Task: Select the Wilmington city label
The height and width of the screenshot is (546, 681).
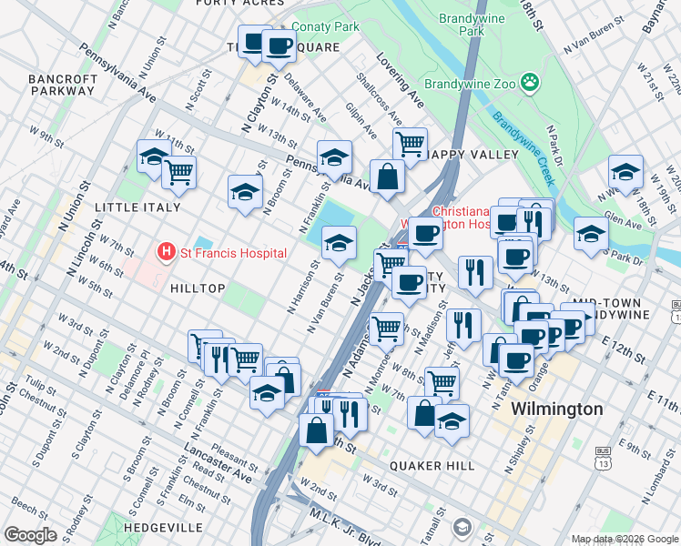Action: point(557,409)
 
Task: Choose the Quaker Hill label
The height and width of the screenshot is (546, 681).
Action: point(432,465)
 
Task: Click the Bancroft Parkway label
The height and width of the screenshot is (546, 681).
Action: point(63,85)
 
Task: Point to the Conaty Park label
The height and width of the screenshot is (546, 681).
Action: point(326,27)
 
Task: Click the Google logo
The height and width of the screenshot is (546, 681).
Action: point(31,535)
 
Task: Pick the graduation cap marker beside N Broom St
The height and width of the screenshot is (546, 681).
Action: point(244,191)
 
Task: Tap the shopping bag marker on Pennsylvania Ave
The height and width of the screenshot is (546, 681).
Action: point(388,177)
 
